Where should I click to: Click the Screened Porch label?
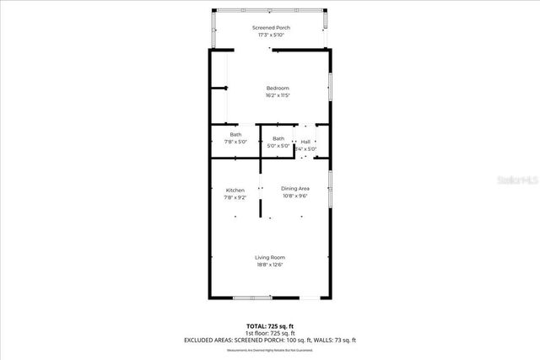coord(270,28)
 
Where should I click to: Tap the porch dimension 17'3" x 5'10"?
coord(270,35)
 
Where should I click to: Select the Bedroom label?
coord(278,89)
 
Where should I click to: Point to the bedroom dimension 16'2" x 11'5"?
coord(278,95)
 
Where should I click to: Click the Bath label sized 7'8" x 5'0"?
coord(235,135)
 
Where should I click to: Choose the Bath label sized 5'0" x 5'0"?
coord(278,138)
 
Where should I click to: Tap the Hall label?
coord(305,142)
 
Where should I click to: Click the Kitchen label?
coord(235,190)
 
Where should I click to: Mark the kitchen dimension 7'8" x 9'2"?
coord(235,197)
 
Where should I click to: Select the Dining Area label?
coord(295,188)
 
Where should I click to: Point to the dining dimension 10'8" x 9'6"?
coord(295,196)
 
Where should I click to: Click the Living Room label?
coord(270,257)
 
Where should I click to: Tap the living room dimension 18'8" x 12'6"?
coord(270,265)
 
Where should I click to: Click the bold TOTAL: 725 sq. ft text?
coord(270,325)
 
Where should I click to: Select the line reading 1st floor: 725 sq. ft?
coord(270,332)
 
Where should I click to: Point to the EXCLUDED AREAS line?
coord(270,340)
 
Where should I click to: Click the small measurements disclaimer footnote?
coord(270,349)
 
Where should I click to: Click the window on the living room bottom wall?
coord(252,298)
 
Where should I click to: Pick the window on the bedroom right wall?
coord(329,86)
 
